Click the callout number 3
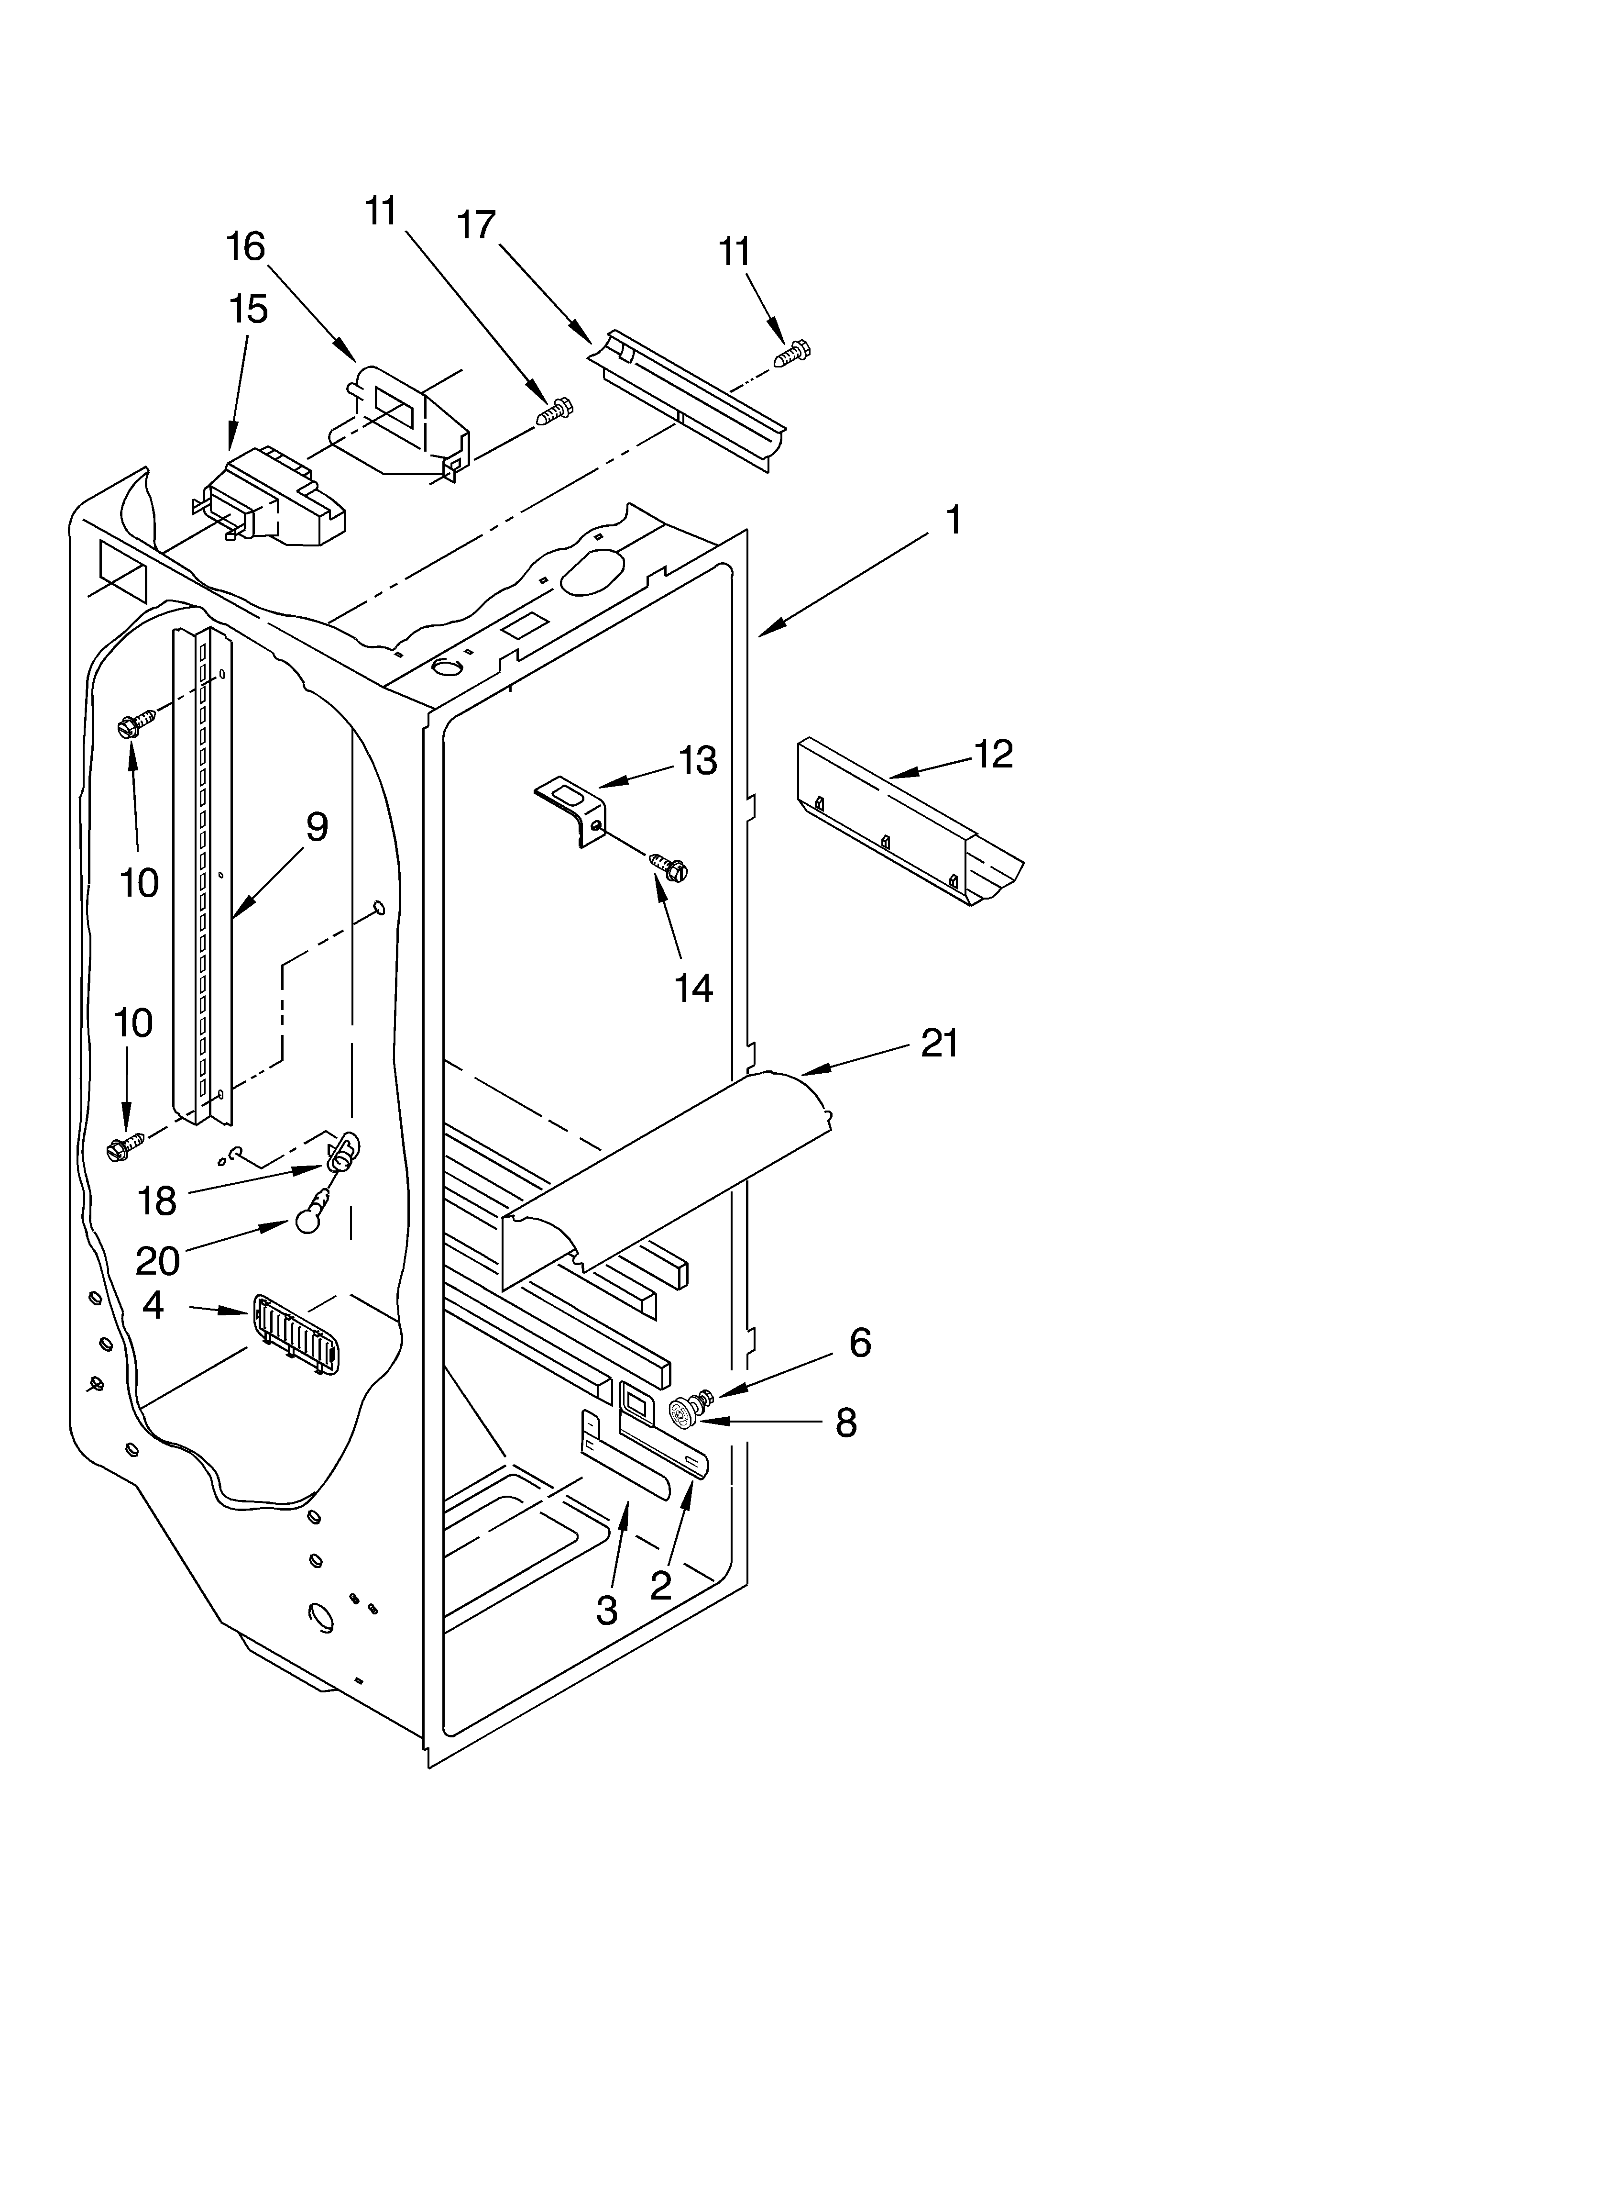click(x=606, y=1610)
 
